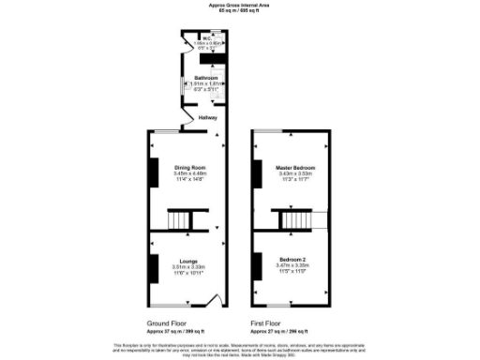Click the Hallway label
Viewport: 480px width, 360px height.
(207, 118)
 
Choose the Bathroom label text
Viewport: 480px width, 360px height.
(205, 77)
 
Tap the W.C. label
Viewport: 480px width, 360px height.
(204, 38)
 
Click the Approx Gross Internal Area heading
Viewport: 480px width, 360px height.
(240, 6)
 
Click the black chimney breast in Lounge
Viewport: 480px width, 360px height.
(152, 264)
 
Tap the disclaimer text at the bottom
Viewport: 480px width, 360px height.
(240, 350)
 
